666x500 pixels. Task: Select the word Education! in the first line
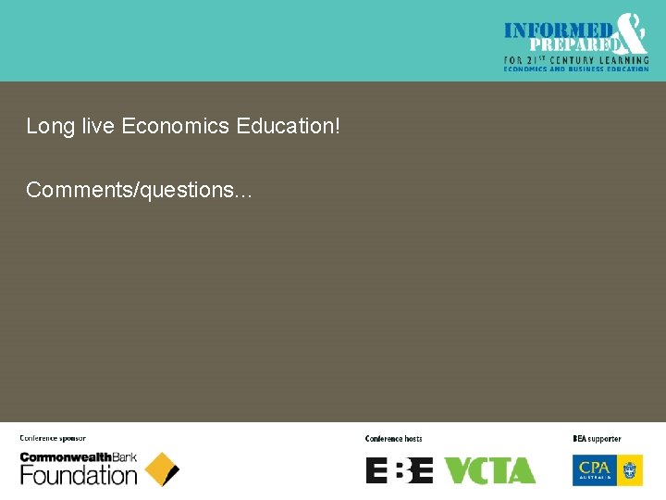289,126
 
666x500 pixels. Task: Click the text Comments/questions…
140,191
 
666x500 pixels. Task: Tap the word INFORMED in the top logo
557,31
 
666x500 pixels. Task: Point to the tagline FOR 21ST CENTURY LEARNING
575,60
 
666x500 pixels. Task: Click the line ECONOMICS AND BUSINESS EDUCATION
575,69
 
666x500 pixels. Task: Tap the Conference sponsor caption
53,439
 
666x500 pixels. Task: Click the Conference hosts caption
393,439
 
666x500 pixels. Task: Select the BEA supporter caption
597,439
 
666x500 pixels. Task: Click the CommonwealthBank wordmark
79,457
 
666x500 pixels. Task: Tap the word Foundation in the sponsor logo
79,476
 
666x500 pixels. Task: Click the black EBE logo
400,470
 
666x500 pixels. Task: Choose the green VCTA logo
489,470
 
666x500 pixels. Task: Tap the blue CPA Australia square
594,469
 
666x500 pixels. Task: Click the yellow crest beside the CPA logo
632,469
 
